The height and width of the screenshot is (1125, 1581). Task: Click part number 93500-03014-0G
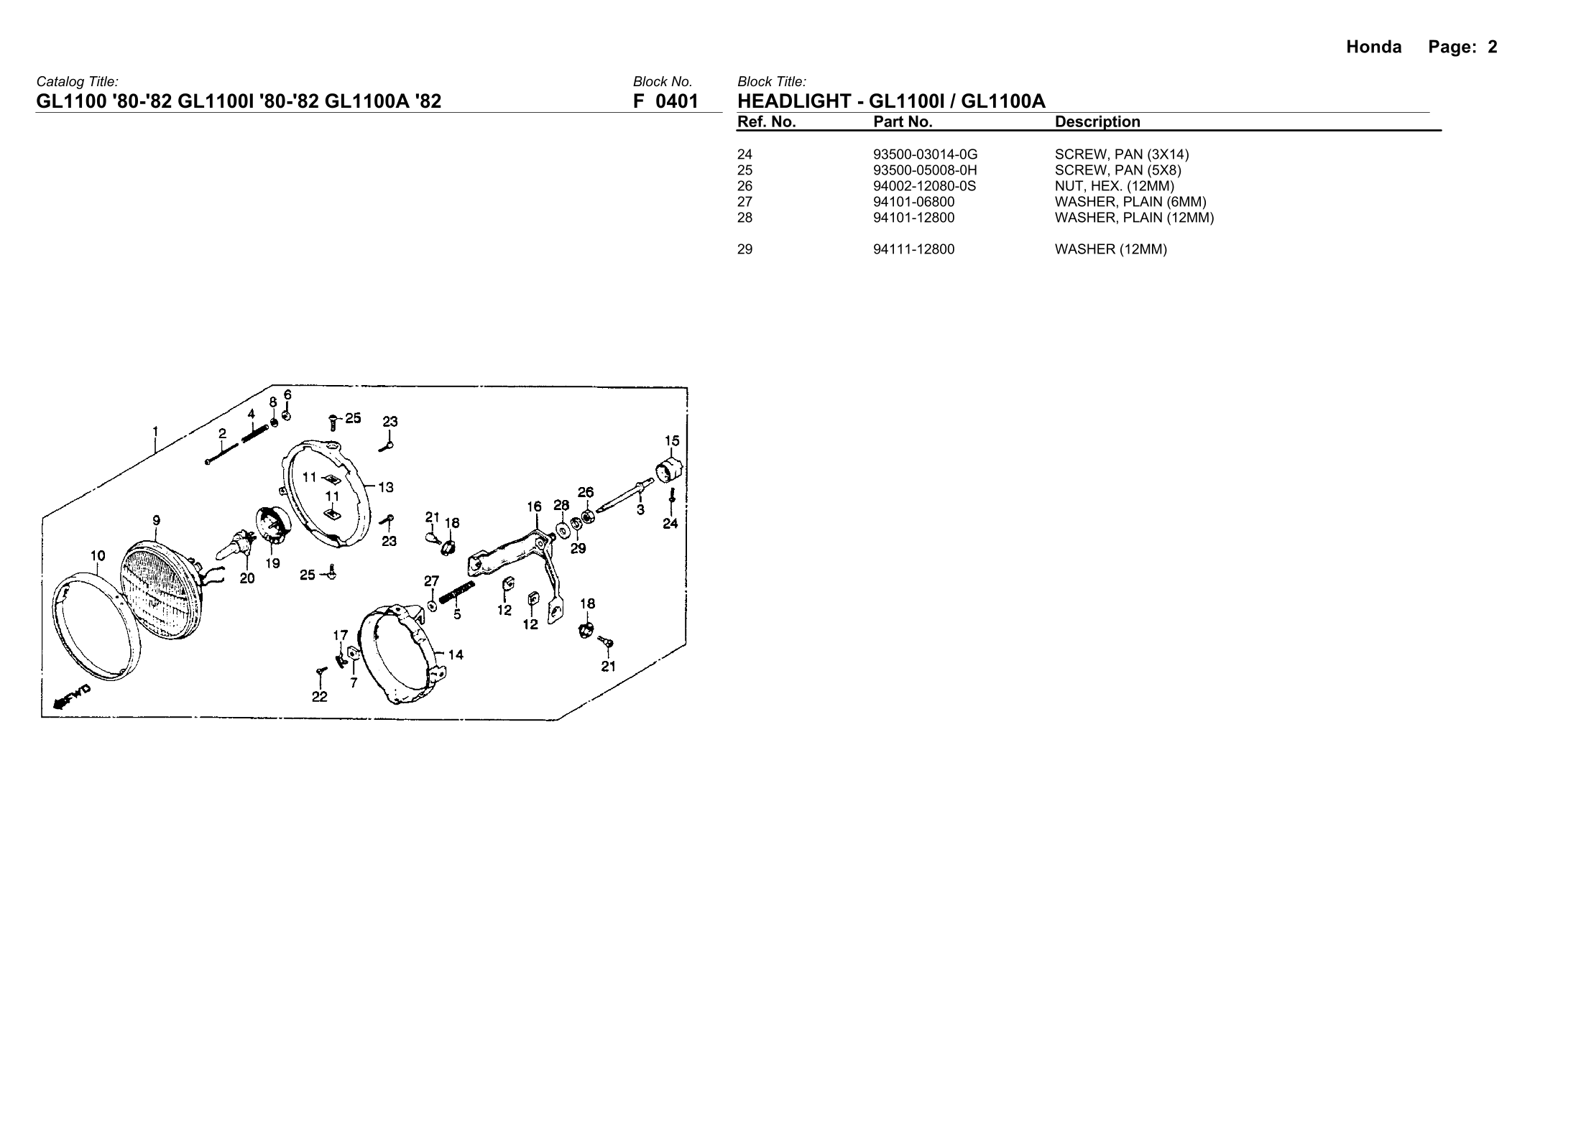925,154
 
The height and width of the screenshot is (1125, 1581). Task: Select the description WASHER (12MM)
1110,250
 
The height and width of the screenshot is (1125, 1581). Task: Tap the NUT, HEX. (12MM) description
1114,186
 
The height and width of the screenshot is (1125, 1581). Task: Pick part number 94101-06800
913,202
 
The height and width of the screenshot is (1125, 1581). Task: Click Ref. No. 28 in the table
745,218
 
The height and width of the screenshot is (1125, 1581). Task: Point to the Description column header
1097,122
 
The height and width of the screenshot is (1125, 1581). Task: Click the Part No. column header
903,122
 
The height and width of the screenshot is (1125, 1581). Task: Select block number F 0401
665,101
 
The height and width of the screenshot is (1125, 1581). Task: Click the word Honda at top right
1373,47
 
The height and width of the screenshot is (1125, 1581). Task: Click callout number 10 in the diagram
98,555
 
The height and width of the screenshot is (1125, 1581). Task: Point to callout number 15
672,440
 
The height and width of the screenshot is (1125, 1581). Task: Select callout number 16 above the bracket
534,506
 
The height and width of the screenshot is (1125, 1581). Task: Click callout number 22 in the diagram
319,697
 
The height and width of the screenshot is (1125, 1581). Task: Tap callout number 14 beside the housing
456,654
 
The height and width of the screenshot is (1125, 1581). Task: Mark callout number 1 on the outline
155,432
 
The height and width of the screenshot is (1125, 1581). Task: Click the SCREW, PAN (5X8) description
1117,170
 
